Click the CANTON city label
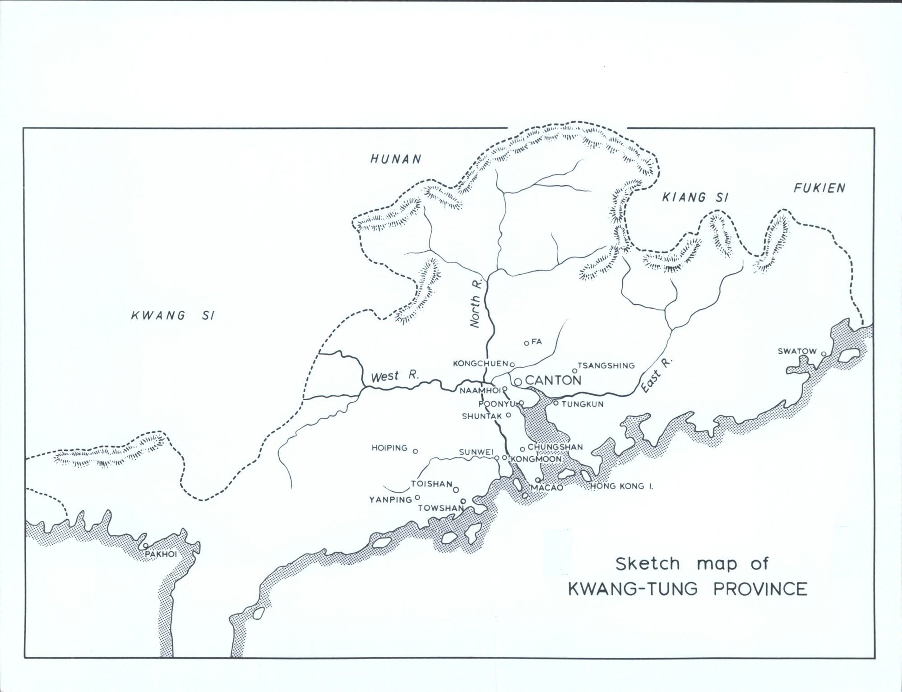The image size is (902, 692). pos(553,380)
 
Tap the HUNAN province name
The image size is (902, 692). pos(395,159)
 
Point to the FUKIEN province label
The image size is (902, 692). pos(819,188)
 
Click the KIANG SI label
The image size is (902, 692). pos(695,197)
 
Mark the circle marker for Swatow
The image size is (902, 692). pos(823,354)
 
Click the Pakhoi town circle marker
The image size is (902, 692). pos(145,546)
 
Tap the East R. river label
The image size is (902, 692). pos(657,376)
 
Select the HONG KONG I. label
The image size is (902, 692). pos(622,487)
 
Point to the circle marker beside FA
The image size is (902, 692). pos(526,343)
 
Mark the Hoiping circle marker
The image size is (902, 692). pos(416,451)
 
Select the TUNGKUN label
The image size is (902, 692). pos(583,404)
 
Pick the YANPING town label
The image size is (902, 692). pos(390,500)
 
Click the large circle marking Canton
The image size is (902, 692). pos(518,382)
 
